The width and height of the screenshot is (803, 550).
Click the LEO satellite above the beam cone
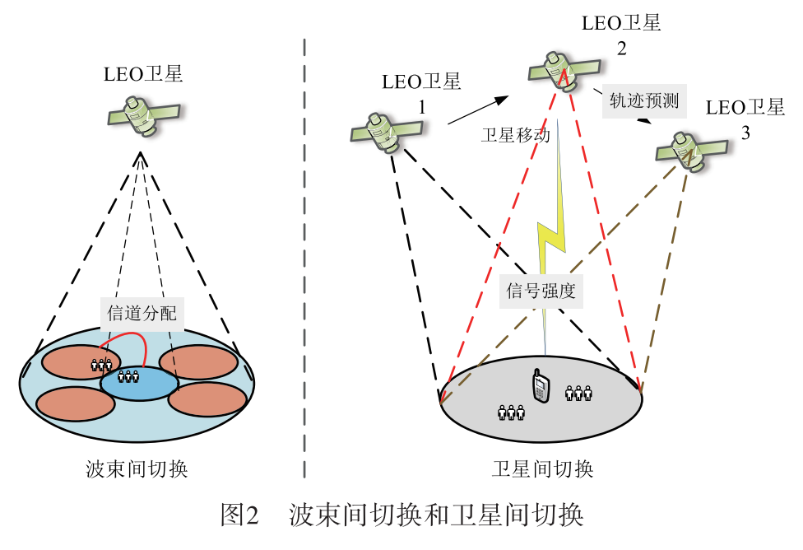144,114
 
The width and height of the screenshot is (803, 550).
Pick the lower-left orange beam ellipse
75,403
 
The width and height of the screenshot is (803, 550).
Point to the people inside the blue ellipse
128,376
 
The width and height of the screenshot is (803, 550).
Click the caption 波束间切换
137,469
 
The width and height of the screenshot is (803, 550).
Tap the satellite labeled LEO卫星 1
387,132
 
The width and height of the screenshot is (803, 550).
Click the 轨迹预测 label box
643,100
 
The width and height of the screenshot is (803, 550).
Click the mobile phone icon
540,386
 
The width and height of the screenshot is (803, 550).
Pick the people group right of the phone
578,393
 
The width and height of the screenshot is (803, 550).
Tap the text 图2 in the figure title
240,515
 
